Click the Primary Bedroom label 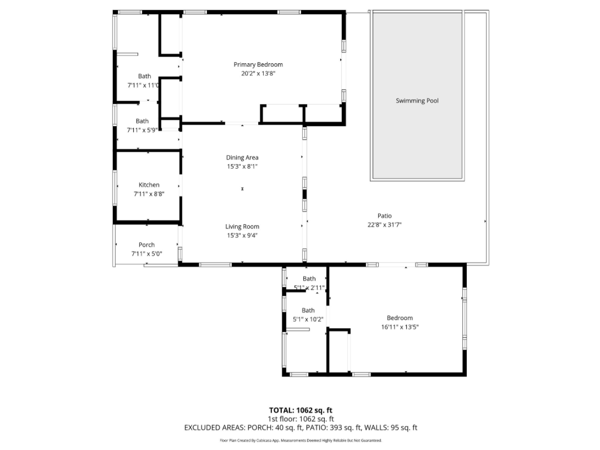coord(258,65)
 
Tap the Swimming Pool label coord(417,101)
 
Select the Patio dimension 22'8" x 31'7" coord(384,225)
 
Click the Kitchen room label coord(149,185)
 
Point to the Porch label coord(147,245)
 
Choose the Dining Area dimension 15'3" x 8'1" coord(242,166)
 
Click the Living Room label coord(242,227)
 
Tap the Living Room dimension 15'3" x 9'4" coord(242,235)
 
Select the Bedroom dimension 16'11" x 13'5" coord(400,327)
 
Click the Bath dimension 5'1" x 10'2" coord(308,319)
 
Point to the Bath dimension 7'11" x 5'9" coord(142,130)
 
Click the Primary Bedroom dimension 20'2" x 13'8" coord(258,73)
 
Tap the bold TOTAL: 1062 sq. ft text coord(301,410)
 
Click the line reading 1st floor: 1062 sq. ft coord(301,419)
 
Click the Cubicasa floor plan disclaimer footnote coord(301,440)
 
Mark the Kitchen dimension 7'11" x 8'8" coord(149,194)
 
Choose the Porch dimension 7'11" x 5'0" coord(147,254)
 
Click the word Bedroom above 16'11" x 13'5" coord(400,318)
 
